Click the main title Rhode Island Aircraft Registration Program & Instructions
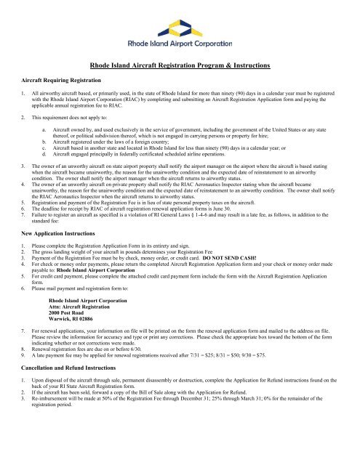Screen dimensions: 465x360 [x=180, y=67]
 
